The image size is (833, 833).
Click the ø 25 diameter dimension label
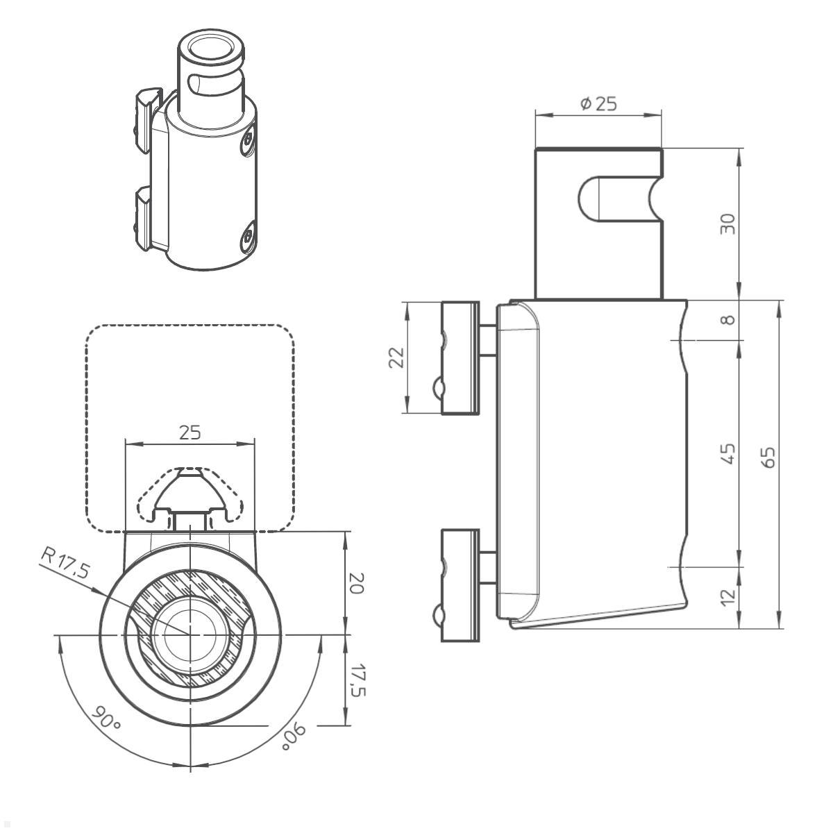(x=598, y=104)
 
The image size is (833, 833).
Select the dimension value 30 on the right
(x=727, y=224)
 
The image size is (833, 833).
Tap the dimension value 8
(x=727, y=320)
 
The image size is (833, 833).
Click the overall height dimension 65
(x=768, y=457)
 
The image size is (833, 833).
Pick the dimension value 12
(x=727, y=597)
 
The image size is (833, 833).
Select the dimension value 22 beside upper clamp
(x=396, y=357)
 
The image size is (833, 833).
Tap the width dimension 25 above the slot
(x=190, y=432)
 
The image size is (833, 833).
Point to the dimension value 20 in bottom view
(x=355, y=583)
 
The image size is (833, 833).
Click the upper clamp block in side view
(x=460, y=358)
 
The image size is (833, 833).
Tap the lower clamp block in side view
(x=460, y=584)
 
